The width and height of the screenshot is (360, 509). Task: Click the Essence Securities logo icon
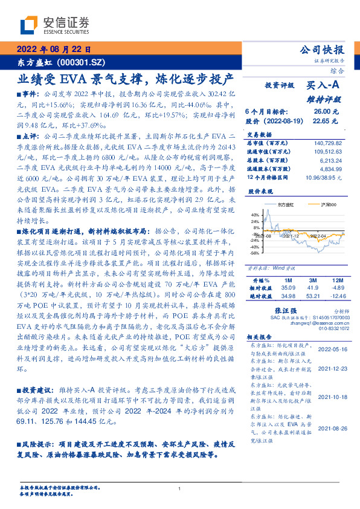tap(29, 25)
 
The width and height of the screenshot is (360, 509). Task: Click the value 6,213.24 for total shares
tap(331, 160)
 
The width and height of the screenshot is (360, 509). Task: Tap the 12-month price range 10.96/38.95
tap(325, 178)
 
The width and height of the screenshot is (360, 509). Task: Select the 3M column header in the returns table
tap(312, 281)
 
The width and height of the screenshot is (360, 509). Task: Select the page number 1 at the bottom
tap(180, 489)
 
